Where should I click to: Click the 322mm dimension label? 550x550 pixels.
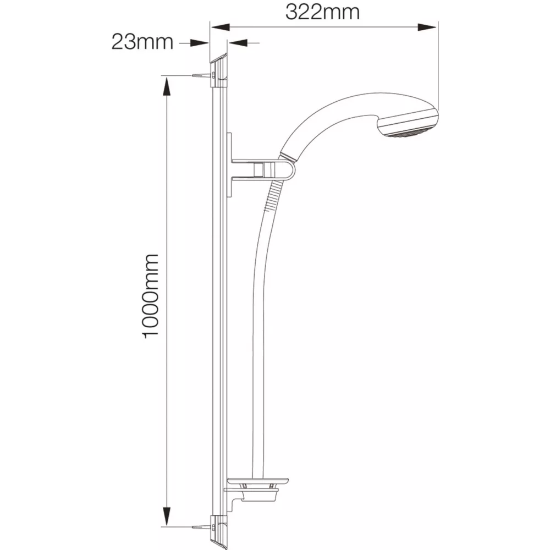(x=322, y=12)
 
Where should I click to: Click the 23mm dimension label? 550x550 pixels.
(x=142, y=42)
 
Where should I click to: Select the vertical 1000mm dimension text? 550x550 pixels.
(x=151, y=296)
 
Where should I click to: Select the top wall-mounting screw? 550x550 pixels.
(x=200, y=75)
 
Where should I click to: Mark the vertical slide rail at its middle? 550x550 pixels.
(x=219, y=297)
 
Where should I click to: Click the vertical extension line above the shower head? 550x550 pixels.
(x=438, y=66)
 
